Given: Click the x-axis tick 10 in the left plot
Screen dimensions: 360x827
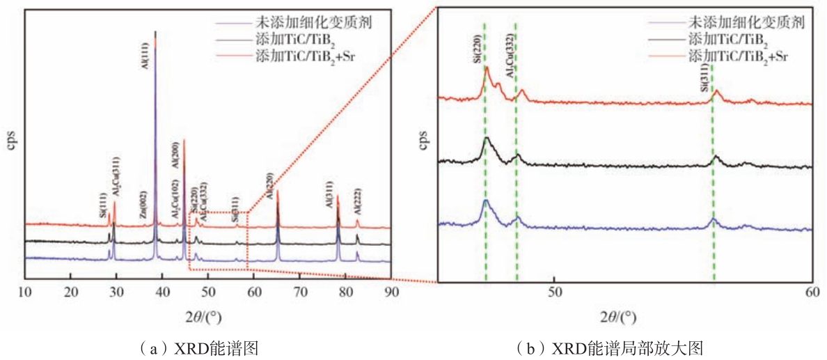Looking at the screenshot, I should tap(25, 292).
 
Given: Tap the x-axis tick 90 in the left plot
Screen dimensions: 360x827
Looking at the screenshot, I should tap(391, 292).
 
